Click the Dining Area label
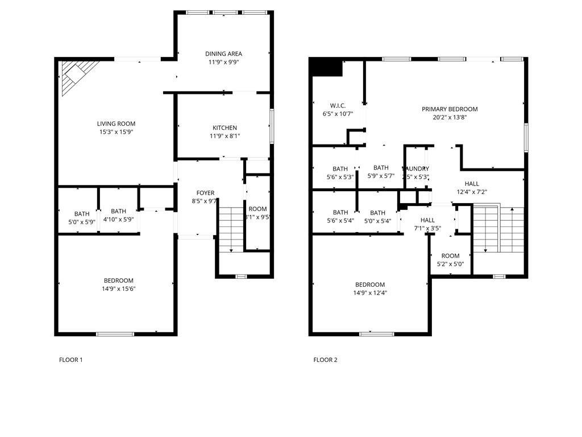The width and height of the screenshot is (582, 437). [223, 54]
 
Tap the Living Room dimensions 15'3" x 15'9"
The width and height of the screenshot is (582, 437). [116, 132]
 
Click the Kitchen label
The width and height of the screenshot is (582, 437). [225, 128]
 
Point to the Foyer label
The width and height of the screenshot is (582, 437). [205, 193]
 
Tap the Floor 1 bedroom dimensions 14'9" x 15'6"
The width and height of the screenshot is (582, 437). [119, 288]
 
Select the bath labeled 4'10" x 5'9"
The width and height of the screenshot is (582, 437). [118, 215]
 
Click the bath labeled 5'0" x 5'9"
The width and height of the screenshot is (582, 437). [81, 218]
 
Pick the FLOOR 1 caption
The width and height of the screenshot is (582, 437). [71, 360]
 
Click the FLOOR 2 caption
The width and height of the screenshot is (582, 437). [325, 360]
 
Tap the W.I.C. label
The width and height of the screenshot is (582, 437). [338, 105]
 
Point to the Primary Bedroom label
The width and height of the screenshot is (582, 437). [450, 109]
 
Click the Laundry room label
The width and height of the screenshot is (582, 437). [416, 169]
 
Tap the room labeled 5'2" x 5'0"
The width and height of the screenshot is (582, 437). [450, 259]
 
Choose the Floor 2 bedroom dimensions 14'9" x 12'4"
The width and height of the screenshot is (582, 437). [370, 293]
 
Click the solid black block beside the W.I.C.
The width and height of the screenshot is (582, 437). [326, 68]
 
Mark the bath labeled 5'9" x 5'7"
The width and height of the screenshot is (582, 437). [381, 172]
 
